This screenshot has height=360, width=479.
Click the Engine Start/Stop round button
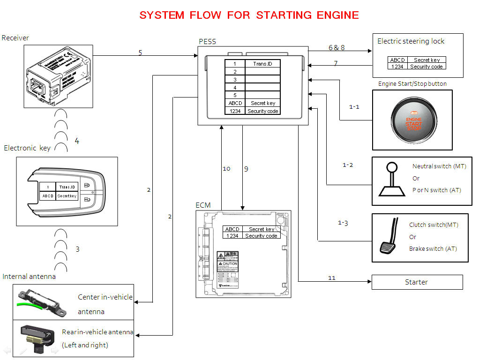[413, 120]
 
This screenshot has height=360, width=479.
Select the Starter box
[417, 282]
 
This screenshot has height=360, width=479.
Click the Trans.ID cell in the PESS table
[262, 64]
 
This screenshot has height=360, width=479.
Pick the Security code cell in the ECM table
[261, 236]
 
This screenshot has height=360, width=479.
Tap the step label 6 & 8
[337, 47]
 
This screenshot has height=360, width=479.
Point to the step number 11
[332, 278]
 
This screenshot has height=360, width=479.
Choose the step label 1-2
[348, 165]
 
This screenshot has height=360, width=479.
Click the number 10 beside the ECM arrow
[226, 169]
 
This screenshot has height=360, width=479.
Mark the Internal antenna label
[29, 277]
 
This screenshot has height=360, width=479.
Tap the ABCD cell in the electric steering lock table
[397, 60]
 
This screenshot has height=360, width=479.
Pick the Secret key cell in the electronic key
[67, 196]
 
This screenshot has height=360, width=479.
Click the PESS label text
[207, 42]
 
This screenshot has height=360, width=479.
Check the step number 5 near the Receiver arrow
[140, 52]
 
